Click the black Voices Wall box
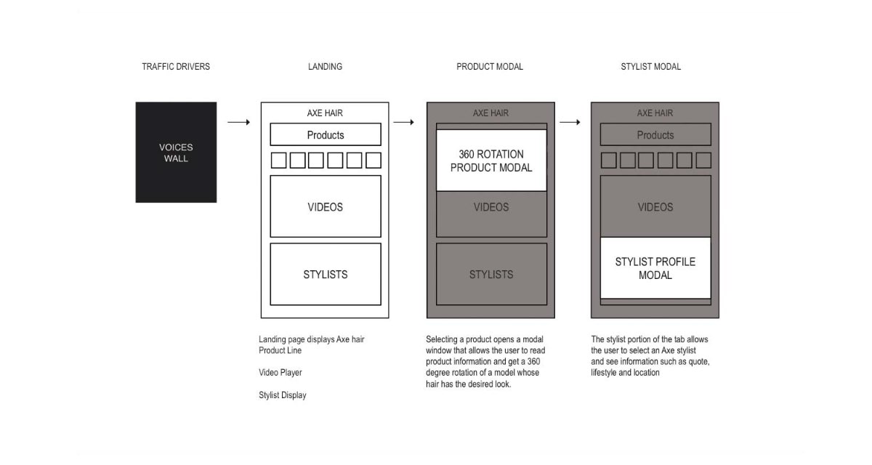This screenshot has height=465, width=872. (x=176, y=152)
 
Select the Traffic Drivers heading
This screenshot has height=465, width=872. (x=176, y=67)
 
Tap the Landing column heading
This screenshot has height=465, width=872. (x=325, y=67)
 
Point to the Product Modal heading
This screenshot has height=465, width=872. (x=490, y=67)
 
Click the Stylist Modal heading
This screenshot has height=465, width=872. (x=651, y=67)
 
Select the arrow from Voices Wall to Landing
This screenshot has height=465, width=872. (x=238, y=122)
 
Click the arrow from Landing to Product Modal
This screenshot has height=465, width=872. (x=404, y=122)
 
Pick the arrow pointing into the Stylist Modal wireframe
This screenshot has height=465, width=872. (x=570, y=122)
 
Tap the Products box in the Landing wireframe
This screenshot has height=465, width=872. (x=326, y=134)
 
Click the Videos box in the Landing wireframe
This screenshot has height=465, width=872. (x=326, y=206)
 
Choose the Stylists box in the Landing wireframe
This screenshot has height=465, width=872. (x=326, y=274)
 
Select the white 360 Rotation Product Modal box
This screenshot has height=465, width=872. (x=491, y=161)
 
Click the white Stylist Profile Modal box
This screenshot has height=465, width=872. (x=655, y=267)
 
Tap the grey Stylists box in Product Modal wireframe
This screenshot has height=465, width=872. (x=491, y=274)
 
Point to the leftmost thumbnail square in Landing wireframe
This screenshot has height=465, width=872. (x=279, y=161)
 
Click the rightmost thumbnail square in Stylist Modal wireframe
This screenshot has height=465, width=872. (x=703, y=161)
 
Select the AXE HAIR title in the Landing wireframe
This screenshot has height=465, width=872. (x=325, y=113)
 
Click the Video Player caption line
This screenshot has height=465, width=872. (x=280, y=373)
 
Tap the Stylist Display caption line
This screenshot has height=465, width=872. (x=283, y=395)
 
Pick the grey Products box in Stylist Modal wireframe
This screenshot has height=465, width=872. (x=655, y=134)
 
